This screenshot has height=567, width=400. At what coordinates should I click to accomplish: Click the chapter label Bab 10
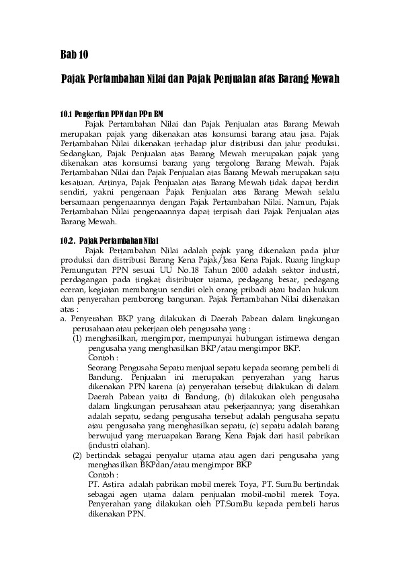[74, 54]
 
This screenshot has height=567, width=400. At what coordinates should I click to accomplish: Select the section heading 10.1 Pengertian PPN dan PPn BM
[112, 114]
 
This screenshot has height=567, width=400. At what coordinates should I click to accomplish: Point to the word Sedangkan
[80, 154]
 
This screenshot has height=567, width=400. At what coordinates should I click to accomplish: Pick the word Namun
[303, 201]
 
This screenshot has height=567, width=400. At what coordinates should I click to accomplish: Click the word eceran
[73, 289]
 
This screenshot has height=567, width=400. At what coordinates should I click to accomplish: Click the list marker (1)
[79, 339]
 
